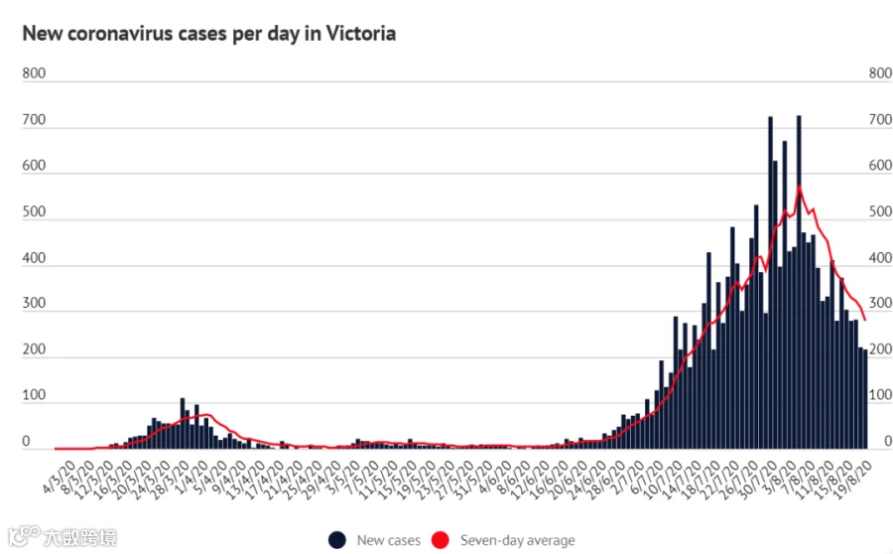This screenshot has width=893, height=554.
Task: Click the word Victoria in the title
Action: pyautogui.click(x=360, y=34)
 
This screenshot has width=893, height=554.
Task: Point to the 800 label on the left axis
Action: pyautogui.click(x=34, y=73)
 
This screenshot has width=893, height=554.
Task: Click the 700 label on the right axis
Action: pyautogui.click(x=880, y=120)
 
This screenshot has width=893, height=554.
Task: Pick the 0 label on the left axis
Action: pyautogui.click(x=26, y=441)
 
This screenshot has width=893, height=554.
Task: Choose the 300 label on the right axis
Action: pyautogui.click(x=880, y=303)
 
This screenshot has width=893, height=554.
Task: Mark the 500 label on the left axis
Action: pyautogui.click(x=34, y=211)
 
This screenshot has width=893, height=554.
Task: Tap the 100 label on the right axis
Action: pyautogui.click(x=880, y=394)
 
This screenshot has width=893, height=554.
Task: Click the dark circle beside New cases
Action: pyautogui.click(x=337, y=540)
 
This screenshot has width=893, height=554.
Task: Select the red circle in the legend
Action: pyautogui.click(x=441, y=540)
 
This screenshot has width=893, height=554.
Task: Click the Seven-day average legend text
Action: pyautogui.click(x=518, y=540)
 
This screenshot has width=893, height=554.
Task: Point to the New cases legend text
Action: pyautogui.click(x=388, y=540)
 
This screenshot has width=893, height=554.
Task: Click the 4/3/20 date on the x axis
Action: pyautogui.click(x=60, y=478)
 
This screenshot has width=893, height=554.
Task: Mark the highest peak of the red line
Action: pyautogui.click(x=800, y=186)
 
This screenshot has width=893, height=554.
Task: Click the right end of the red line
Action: pyautogui.click(x=865, y=320)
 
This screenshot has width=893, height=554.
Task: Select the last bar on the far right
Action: pyautogui.click(x=865, y=399)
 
